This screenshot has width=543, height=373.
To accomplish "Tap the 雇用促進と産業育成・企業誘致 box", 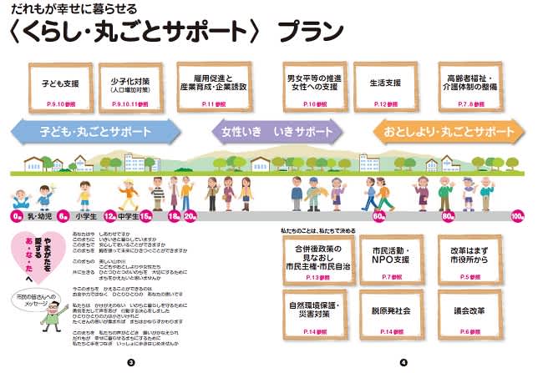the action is [212, 88].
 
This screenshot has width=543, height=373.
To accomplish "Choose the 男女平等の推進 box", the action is [311, 88].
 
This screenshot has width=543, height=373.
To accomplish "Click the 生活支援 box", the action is [385, 88].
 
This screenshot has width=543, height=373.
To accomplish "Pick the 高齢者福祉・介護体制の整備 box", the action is [472, 88].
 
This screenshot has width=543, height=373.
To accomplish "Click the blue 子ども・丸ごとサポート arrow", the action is [94, 132].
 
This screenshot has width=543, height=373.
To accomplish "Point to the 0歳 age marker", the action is [17, 216].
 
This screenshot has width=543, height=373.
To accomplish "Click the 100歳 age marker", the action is [517, 216].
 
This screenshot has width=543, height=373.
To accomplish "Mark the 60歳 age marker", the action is [378, 216].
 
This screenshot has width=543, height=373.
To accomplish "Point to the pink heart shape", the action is [38, 255].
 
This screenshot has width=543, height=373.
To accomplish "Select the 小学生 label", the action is [87, 216].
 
